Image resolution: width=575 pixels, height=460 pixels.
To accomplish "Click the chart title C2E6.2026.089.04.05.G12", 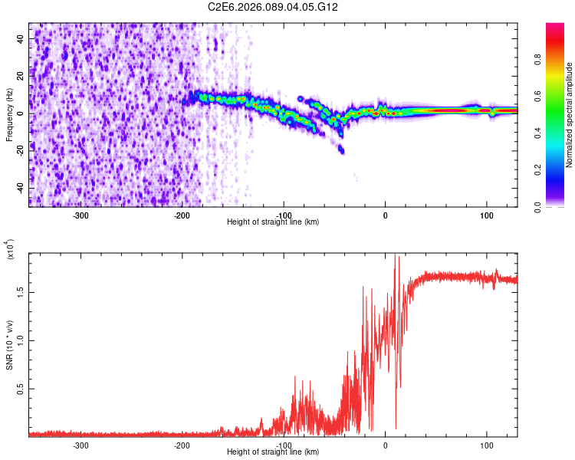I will click(x=273, y=7).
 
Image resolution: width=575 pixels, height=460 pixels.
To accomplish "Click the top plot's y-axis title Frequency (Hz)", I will click(x=9, y=114).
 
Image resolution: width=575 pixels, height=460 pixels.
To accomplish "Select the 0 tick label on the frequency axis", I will click(x=22, y=113).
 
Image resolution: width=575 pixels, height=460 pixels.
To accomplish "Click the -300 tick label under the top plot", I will click(x=81, y=215).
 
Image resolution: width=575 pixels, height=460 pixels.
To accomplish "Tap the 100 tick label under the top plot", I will click(x=486, y=215).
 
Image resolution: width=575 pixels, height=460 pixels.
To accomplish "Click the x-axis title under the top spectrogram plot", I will click(x=273, y=222).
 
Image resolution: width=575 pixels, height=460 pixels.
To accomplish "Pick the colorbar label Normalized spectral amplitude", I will click(x=570, y=115).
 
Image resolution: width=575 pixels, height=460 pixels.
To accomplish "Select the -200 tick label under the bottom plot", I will click(x=182, y=445).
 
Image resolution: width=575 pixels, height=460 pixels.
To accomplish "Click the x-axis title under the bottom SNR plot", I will click(x=273, y=452).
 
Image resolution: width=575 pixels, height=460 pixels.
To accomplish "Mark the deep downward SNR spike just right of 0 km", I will click(x=396, y=427).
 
